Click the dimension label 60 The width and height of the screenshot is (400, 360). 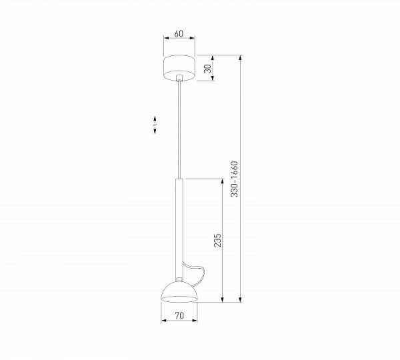(x=179, y=34)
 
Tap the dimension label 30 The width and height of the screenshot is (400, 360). (x=208, y=69)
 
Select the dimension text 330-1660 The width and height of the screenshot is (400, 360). (x=234, y=179)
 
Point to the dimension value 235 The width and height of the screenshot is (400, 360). (x=217, y=240)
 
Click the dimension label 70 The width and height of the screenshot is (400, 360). (x=179, y=315)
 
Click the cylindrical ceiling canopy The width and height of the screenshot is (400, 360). (x=179, y=68)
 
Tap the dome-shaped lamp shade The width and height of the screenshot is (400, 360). (x=179, y=292)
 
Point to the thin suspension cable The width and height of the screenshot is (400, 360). (x=179, y=129)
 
